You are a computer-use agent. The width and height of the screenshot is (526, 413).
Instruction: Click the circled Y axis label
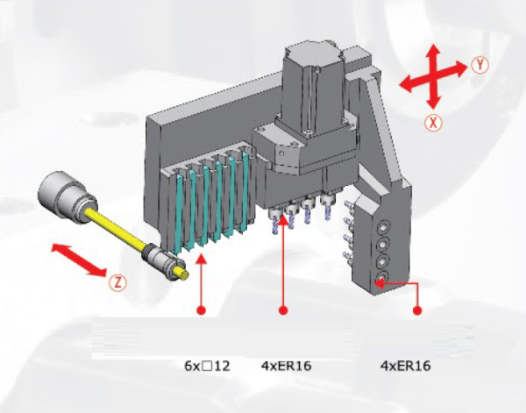[480, 65]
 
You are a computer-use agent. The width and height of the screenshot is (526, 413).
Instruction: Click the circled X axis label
[433, 123]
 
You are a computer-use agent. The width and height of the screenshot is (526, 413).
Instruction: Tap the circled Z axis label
[117, 283]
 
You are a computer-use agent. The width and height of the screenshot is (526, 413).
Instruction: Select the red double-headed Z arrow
[79, 260]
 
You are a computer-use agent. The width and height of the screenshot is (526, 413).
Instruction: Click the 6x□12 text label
[207, 366]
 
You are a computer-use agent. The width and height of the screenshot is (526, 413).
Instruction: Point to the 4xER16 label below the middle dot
[286, 366]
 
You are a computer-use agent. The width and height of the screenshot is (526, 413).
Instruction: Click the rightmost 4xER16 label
[405, 366]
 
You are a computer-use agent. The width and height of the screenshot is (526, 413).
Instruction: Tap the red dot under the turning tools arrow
[202, 310]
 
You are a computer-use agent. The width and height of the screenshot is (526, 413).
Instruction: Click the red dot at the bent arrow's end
[417, 310]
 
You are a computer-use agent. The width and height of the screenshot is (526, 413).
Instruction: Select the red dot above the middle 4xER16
[283, 310]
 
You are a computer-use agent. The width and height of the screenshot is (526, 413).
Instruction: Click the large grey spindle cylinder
[64, 194]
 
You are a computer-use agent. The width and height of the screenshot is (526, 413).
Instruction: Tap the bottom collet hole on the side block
[381, 277]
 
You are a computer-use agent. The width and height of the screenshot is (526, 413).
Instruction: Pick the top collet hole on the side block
[383, 228]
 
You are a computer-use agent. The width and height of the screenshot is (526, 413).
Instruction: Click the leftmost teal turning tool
[178, 215]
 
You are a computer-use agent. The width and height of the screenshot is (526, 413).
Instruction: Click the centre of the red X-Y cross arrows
[433, 76]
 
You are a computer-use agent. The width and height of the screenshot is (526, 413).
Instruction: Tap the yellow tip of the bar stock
[183, 274]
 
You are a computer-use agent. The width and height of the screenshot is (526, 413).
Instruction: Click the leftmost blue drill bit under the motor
[275, 222]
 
